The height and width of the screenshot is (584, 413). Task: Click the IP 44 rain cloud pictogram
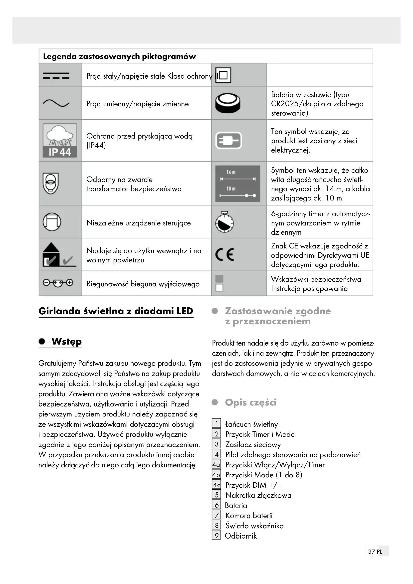[x=60, y=140]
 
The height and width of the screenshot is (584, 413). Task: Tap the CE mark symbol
[x=225, y=254]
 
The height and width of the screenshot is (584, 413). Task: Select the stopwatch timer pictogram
[x=224, y=222]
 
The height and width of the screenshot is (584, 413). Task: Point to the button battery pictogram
[x=228, y=103]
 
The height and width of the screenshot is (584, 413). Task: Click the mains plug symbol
[x=229, y=140]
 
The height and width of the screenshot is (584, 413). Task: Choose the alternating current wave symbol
[x=56, y=103]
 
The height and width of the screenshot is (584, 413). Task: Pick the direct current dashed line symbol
[x=56, y=76]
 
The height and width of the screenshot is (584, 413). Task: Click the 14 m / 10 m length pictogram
[x=237, y=184]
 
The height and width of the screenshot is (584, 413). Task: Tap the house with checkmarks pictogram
[x=59, y=255]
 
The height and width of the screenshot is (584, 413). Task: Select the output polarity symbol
[x=58, y=283]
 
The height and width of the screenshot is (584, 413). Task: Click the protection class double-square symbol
[x=223, y=75]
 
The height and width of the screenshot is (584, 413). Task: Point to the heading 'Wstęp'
[x=66, y=341]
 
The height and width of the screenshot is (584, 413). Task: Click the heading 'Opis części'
[x=250, y=402]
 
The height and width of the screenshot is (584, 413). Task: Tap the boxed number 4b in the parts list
[x=216, y=475]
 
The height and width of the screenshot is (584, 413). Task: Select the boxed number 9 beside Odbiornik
[x=216, y=536]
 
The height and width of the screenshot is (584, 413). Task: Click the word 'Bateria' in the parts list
[x=236, y=505]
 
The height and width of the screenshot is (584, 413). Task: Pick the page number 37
[x=371, y=559]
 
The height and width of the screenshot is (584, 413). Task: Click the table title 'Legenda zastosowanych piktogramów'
[x=120, y=56]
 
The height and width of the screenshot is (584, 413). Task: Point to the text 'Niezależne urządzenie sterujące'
[x=138, y=223]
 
